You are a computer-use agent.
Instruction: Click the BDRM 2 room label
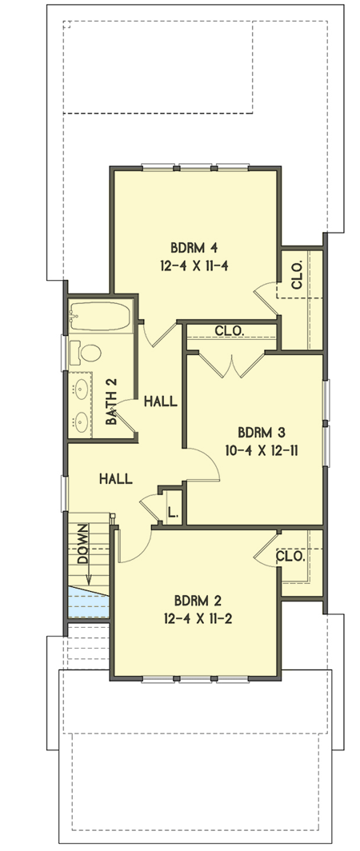click(197, 599)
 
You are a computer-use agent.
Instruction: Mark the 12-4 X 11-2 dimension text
click(197, 618)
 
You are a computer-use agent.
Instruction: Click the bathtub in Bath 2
click(99, 318)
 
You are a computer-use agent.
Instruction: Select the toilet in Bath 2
click(87, 353)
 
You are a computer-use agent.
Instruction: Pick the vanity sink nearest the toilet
click(81, 390)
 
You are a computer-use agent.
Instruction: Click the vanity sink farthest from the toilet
click(81, 419)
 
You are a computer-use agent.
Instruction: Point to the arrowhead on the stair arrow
click(88, 581)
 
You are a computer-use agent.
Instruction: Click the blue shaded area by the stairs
click(86, 601)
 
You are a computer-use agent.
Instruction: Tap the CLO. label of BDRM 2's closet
click(290, 555)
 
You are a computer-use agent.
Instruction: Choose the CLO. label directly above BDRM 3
click(230, 330)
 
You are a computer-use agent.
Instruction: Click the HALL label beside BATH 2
click(160, 402)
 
